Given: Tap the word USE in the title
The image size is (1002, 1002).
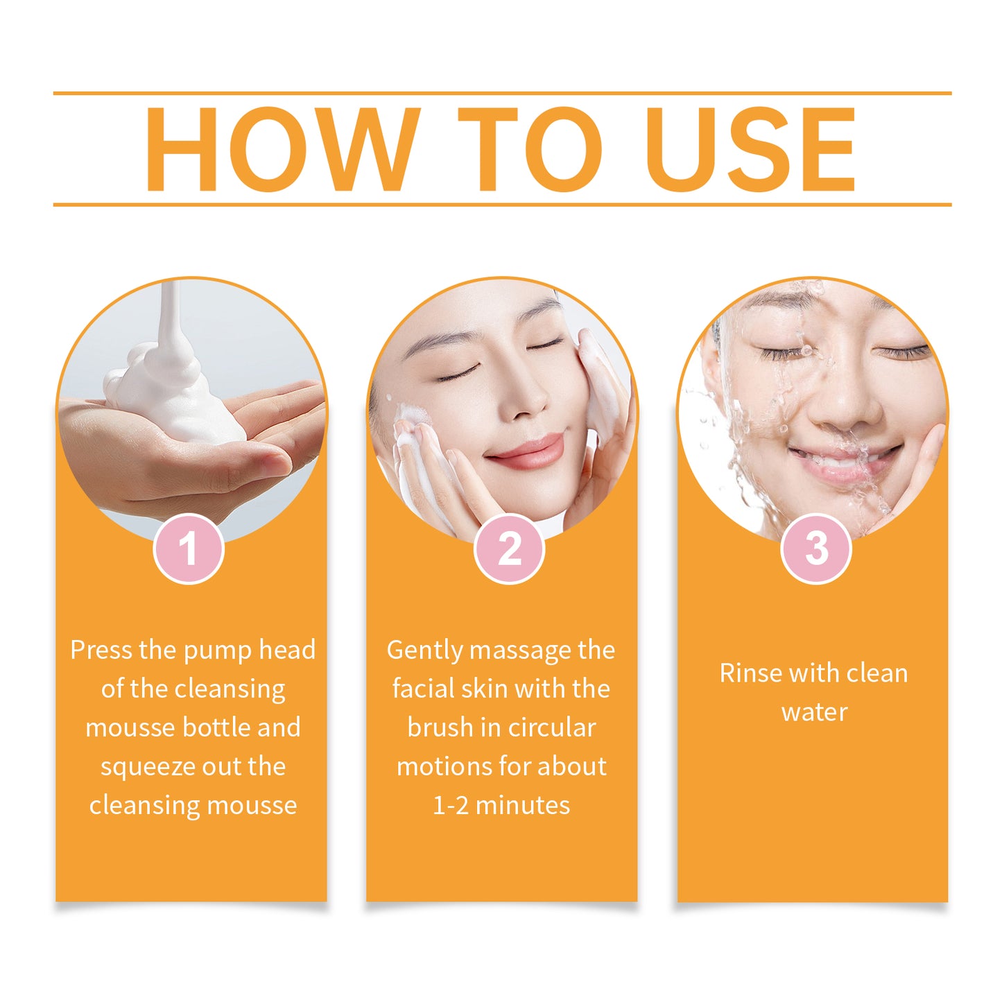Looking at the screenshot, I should click(x=751, y=149).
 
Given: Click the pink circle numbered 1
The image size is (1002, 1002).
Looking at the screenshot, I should click(x=189, y=548).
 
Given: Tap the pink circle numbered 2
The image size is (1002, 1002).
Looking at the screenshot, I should click(x=510, y=548).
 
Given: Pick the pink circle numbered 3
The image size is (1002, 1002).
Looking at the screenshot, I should click(x=816, y=548).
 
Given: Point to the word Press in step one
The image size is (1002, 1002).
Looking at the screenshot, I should click(x=101, y=650).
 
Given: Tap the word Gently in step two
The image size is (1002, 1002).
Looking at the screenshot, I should click(x=424, y=650).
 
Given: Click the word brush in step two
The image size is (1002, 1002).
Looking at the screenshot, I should click(x=440, y=727).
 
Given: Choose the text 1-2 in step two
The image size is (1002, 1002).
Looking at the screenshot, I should click(x=450, y=806).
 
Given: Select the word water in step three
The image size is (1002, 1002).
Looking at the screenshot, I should click(x=814, y=712).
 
